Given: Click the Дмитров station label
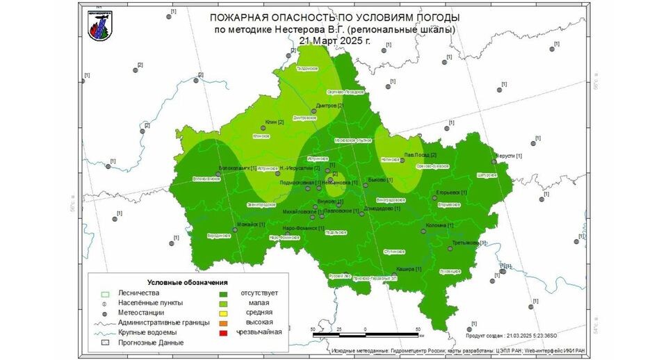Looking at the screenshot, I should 329,106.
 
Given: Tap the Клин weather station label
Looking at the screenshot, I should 275,123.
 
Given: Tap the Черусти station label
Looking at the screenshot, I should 510,156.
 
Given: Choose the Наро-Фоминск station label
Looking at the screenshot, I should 304,228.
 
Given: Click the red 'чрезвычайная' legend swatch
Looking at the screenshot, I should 222,333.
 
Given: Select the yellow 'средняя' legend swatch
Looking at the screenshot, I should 222,313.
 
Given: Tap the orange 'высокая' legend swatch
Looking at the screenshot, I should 222,322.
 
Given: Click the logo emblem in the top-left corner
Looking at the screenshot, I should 98,25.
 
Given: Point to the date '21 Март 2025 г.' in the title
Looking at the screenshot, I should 334,41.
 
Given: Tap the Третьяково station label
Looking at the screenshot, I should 469,243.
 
